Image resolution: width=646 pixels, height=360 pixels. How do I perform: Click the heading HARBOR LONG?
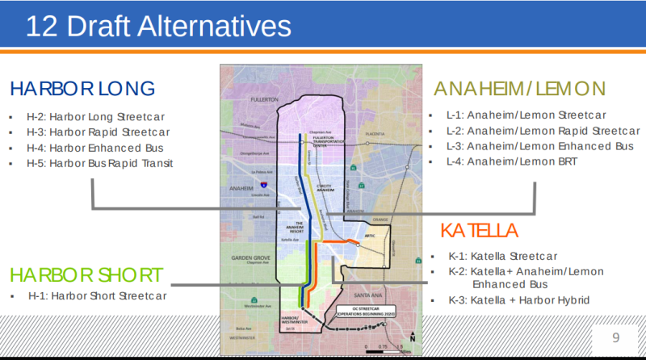[82, 88]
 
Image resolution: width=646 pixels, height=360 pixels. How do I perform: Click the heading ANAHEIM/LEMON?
[520, 88]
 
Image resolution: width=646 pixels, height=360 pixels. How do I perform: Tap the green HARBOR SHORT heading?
[86, 274]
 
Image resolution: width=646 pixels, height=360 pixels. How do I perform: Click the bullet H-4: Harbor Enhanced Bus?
[107, 148]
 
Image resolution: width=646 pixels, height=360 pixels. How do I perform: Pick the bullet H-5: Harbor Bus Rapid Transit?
[112, 163]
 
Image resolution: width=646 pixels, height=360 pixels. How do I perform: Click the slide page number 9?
[615, 337]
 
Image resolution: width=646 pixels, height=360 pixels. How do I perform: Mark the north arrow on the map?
[412, 337]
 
